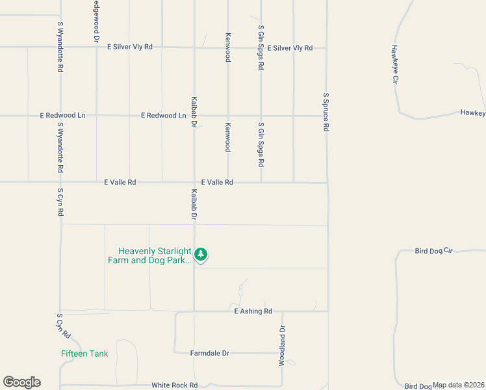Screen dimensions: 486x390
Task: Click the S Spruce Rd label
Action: click(x=326, y=112)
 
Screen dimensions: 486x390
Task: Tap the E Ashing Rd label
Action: click(x=253, y=311)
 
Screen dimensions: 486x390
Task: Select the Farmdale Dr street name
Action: click(x=210, y=354)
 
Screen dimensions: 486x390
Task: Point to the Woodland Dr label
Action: click(x=282, y=346)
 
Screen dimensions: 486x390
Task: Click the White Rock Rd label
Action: click(x=174, y=385)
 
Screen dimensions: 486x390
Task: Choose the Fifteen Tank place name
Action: click(x=84, y=354)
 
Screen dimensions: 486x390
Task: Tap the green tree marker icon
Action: click(x=201, y=254)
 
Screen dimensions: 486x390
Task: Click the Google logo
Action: click(x=21, y=382)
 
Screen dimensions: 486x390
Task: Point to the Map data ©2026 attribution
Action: click(x=459, y=385)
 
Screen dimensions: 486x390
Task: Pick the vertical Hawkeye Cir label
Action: click(x=394, y=64)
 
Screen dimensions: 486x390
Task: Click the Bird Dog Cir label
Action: click(x=433, y=251)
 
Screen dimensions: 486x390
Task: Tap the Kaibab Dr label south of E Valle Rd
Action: click(x=194, y=203)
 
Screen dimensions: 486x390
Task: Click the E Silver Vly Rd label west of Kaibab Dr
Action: click(x=130, y=47)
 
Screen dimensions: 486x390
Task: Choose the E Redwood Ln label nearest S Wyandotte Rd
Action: click(x=62, y=116)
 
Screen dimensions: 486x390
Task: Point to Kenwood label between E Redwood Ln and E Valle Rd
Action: click(x=228, y=137)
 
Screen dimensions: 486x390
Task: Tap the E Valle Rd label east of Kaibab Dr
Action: click(x=217, y=183)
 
